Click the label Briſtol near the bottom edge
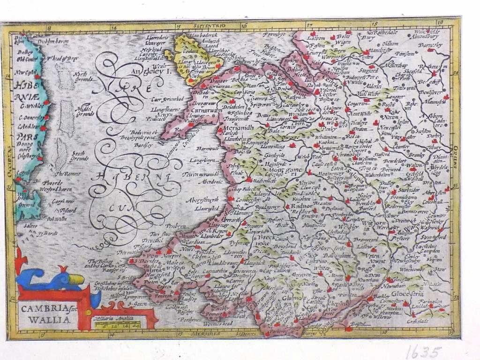[362, 323]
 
